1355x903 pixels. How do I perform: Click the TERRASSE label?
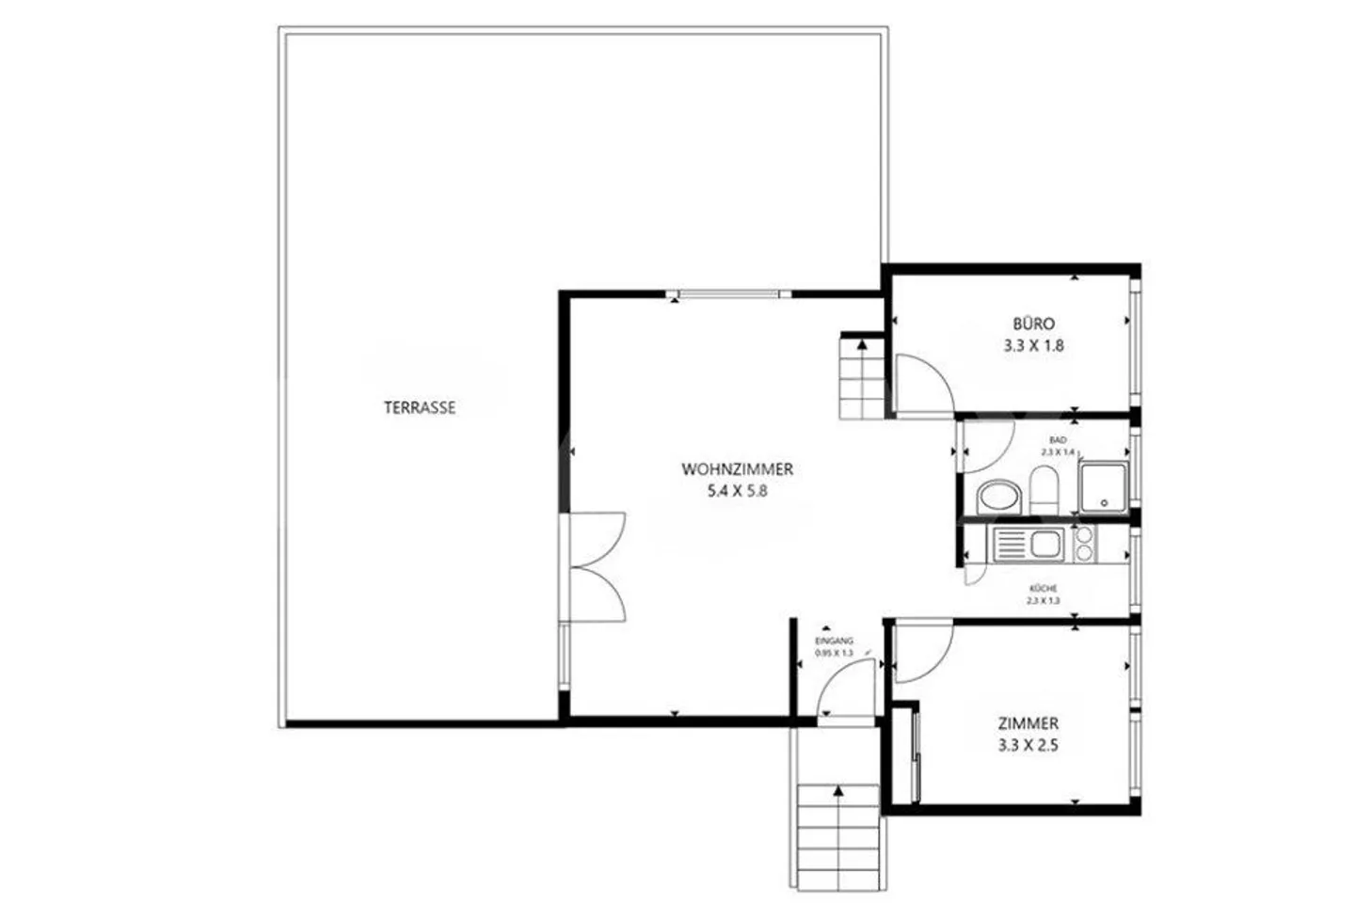click(420, 407)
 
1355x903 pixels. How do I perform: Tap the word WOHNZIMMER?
click(738, 469)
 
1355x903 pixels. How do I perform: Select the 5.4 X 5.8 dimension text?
click(738, 491)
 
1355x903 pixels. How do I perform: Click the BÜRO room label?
click(1034, 324)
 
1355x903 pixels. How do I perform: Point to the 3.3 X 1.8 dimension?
click(1034, 346)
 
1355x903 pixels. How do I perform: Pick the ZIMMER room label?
click(1028, 723)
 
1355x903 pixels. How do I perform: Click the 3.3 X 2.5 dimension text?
click(1028, 746)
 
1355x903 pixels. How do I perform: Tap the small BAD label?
click(1058, 440)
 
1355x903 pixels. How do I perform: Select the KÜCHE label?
click(1044, 589)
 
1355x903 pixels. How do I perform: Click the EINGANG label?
click(834, 642)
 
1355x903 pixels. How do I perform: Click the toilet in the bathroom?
click(1044, 490)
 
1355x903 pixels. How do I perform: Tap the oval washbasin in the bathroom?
click(998, 498)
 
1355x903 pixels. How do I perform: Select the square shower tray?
click(1104, 487)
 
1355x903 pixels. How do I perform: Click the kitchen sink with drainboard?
click(1027, 544)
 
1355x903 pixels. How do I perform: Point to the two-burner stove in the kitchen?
click(1084, 544)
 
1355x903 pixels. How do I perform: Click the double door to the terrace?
click(596, 567)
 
